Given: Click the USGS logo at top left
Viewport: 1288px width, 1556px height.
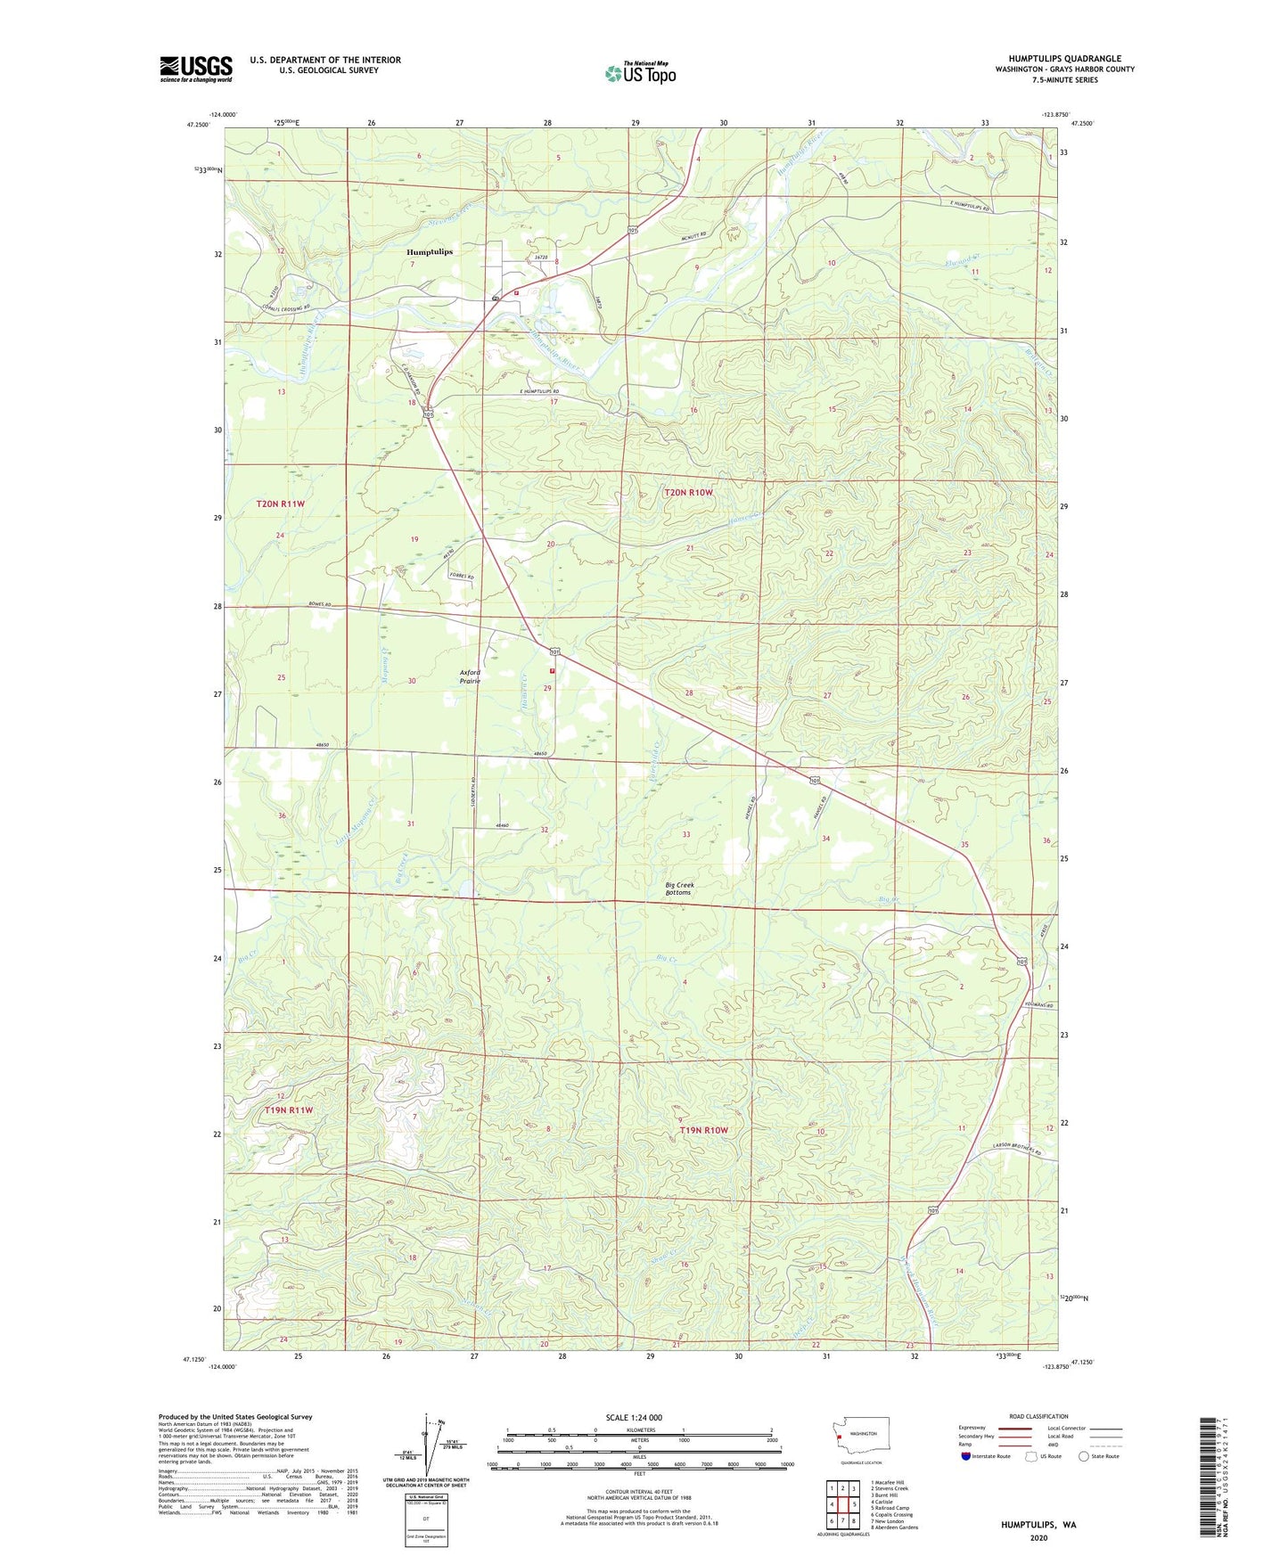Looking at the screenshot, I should tap(196, 69).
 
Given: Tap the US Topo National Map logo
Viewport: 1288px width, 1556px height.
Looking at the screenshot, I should tap(640, 73).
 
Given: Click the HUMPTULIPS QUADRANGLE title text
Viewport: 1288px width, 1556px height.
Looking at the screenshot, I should tap(1064, 59).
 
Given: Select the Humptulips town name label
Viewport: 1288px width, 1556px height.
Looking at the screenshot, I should tap(430, 252).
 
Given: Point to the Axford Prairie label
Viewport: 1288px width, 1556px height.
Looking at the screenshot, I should tap(470, 676).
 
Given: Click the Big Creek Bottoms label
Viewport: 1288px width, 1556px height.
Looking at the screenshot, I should tap(679, 889).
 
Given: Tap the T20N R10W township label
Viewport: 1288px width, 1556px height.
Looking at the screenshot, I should tap(688, 492).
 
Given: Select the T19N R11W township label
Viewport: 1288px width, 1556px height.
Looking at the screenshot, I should tap(290, 1110).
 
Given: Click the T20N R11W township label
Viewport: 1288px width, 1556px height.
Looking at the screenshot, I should tap(281, 504).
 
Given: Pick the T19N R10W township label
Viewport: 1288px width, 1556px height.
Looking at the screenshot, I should tap(704, 1130).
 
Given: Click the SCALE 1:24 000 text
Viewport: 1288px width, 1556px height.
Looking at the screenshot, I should tap(634, 1417).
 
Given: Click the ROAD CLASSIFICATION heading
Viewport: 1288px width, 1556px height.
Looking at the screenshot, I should tap(1038, 1416).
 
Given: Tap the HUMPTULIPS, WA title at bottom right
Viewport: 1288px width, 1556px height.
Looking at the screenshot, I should tap(1038, 1525).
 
